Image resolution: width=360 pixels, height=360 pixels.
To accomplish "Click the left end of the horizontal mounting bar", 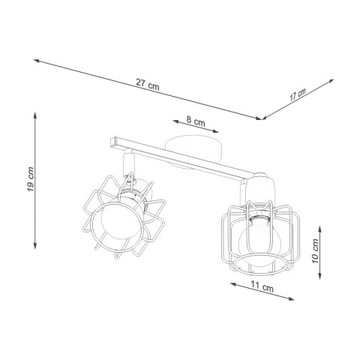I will coord(112,139).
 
